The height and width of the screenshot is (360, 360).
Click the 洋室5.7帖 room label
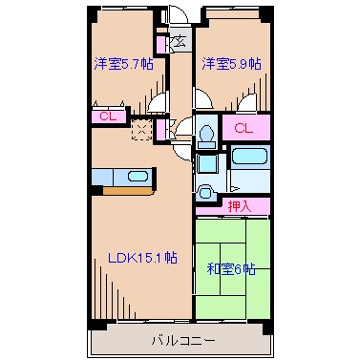(122, 64)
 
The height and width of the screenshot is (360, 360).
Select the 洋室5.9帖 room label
(231, 64)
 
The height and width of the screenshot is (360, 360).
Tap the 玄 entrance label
(179, 41)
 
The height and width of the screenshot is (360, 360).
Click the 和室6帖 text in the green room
(231, 268)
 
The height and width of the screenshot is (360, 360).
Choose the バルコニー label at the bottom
(181, 339)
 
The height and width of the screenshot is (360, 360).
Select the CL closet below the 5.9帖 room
(244, 127)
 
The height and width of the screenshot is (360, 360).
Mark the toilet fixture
(204, 135)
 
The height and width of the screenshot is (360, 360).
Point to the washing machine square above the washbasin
(204, 161)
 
